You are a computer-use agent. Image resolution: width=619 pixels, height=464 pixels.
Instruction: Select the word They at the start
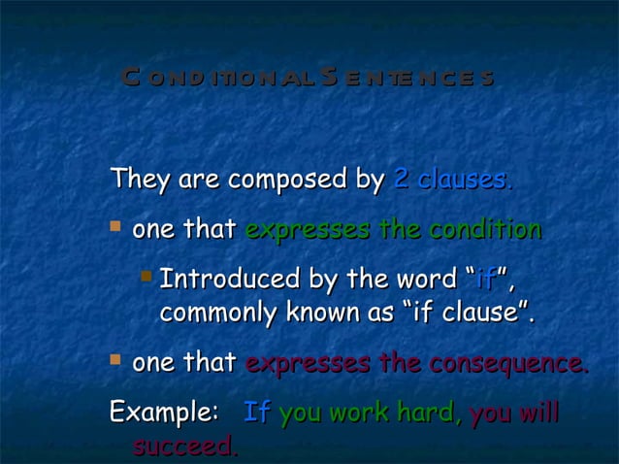click(137, 180)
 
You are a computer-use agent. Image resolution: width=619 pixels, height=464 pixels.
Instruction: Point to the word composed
click(280, 181)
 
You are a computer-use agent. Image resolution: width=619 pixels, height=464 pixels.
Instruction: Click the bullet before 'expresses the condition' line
click(115, 228)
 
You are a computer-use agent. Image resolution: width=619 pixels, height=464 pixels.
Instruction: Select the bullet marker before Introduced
click(145, 278)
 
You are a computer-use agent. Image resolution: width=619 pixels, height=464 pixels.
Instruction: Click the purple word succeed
click(184, 447)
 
